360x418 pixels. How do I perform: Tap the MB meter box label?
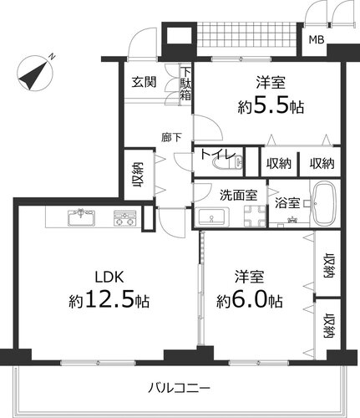[317, 40]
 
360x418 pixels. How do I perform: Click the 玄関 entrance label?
[144, 82]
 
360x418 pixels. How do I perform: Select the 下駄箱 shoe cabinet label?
[185, 84]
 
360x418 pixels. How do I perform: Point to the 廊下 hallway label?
[171, 137]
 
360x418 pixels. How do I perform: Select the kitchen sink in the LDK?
[81, 217]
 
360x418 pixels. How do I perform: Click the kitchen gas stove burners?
[125, 217]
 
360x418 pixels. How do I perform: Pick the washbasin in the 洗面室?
[211, 217]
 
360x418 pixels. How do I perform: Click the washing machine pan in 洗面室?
[255, 216]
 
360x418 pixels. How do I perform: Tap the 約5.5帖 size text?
[271, 107]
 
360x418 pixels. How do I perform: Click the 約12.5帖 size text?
[109, 300]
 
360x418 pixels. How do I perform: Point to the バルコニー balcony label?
[179, 387]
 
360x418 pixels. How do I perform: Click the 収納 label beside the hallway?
[139, 175]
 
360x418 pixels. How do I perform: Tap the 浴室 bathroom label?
[287, 203]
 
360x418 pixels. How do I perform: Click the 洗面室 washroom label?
[239, 195]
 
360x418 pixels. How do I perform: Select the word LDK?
[109, 277]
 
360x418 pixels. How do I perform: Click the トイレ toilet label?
[218, 154]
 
